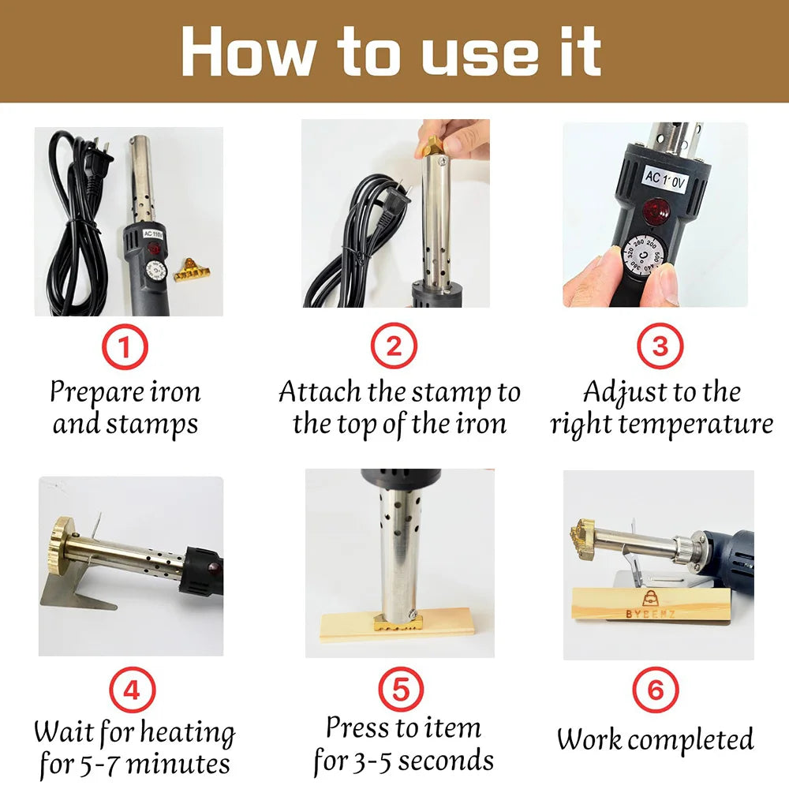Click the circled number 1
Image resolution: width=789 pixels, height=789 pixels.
[125, 346]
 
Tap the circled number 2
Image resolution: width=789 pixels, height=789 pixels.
[394, 346]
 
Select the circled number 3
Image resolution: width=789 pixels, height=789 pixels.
[660, 346]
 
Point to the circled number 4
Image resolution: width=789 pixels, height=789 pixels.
[133, 690]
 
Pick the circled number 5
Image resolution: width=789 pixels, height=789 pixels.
[401, 690]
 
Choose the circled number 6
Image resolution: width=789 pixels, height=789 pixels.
[656, 690]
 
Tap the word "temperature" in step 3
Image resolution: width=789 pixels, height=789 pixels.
[695, 424]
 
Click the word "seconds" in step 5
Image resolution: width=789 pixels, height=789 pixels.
[443, 760]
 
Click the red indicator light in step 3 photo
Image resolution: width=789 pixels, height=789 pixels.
[656, 209]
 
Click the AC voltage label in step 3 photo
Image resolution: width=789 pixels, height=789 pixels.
[664, 178]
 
